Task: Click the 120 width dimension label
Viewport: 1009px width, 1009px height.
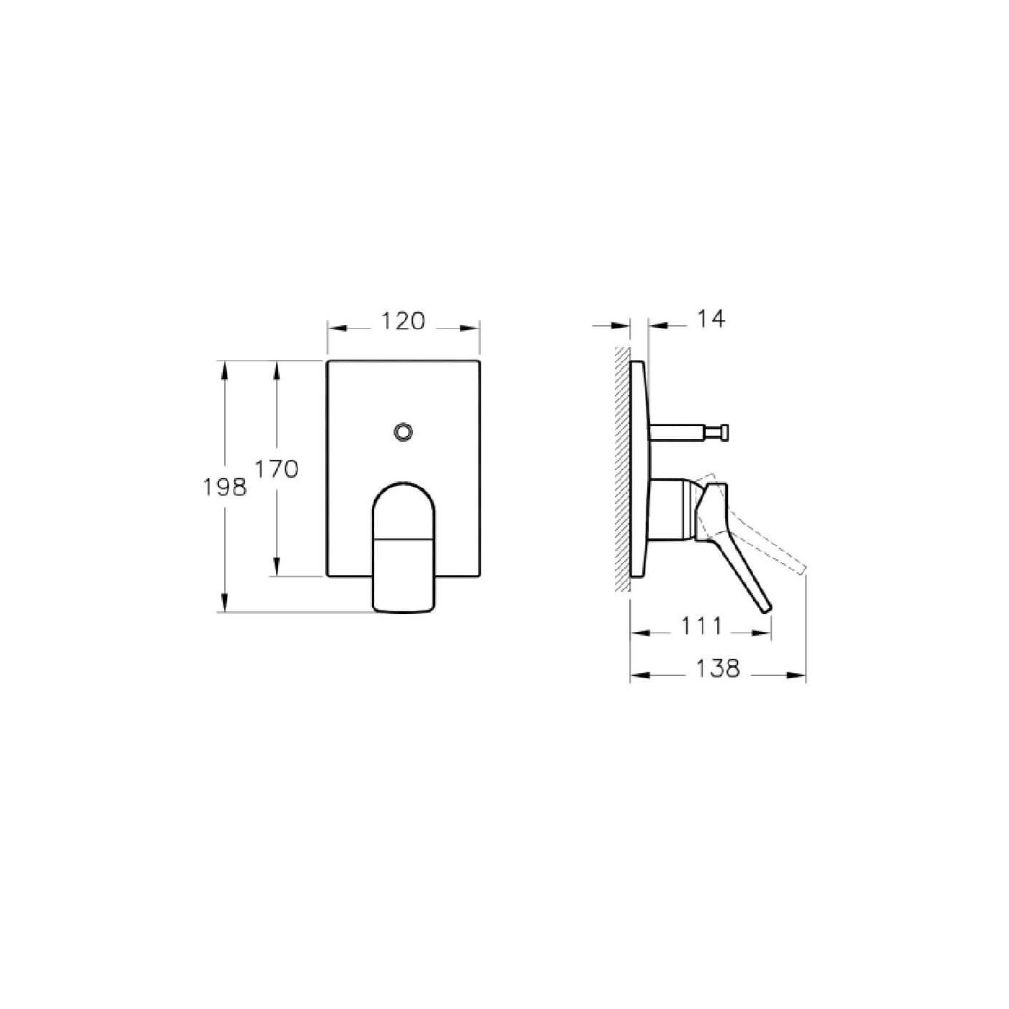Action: tap(403, 321)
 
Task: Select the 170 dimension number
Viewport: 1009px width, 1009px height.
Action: tap(276, 469)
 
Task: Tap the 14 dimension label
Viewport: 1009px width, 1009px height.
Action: tap(711, 318)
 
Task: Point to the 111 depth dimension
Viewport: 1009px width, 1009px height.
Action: tap(701, 626)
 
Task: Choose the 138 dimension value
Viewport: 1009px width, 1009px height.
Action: tap(718, 668)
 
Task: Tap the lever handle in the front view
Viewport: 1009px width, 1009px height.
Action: tap(404, 548)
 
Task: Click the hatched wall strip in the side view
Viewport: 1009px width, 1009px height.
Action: tap(622, 468)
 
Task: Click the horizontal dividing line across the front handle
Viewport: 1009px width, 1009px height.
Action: tap(404, 538)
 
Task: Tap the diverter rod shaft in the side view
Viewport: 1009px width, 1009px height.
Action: tap(677, 432)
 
